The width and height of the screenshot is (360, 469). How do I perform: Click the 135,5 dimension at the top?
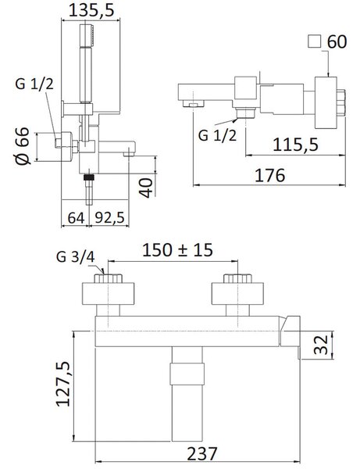[x=91, y=10]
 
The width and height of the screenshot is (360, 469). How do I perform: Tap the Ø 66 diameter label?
[x=23, y=145]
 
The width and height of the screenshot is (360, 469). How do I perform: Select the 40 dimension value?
[x=146, y=188]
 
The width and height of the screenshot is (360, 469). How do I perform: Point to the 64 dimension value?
[x=76, y=218]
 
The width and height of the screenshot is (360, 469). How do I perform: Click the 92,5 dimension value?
[x=109, y=218]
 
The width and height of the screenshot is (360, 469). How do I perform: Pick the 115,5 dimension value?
[x=296, y=145]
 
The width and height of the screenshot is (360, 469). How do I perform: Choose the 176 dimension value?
[x=269, y=175]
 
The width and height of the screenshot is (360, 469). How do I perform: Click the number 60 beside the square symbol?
[x=337, y=41]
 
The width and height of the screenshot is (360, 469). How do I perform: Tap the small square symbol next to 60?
[x=314, y=41]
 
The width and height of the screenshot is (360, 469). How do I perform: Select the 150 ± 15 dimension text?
[x=177, y=250]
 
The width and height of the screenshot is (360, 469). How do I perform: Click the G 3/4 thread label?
[x=76, y=257]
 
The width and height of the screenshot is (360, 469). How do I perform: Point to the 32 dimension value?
[x=321, y=345]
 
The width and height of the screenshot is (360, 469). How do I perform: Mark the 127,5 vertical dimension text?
[x=63, y=384]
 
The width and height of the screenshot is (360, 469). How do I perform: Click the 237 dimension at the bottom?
[x=202, y=453]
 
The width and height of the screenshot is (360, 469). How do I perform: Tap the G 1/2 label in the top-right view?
[x=217, y=135]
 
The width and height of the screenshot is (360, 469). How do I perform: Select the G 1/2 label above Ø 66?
[x=34, y=84]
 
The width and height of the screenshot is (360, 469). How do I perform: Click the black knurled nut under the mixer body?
[x=89, y=177]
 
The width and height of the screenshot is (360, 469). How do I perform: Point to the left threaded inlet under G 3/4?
[x=108, y=278]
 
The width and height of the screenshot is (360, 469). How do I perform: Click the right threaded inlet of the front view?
[x=238, y=278]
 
